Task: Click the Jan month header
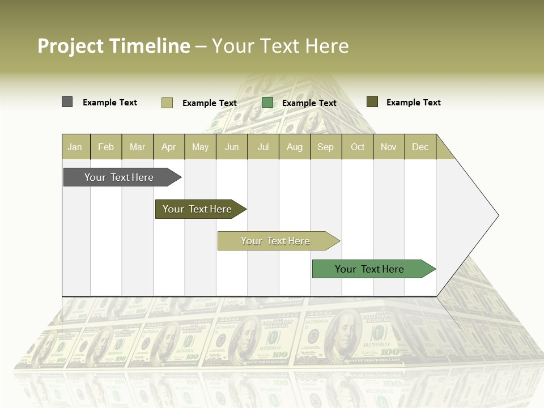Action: pyautogui.click(x=75, y=147)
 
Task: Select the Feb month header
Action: pyautogui.click(x=106, y=147)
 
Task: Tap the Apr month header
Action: pyautogui.click(x=169, y=147)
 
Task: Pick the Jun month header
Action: pyautogui.click(x=232, y=147)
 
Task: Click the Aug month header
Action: pyautogui.click(x=295, y=147)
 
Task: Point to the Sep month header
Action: pyautogui.click(x=326, y=147)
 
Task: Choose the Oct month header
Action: pyautogui.click(x=358, y=147)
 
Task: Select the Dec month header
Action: pyautogui.click(x=420, y=147)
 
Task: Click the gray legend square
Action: pyautogui.click(x=67, y=102)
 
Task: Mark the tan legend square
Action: pyautogui.click(x=167, y=103)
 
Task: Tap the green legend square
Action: pyautogui.click(x=267, y=103)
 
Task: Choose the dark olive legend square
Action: pyautogui.click(x=372, y=102)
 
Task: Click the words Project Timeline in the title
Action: pyautogui.click(x=114, y=46)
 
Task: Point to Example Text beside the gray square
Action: pyautogui.click(x=110, y=103)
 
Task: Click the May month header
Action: pyautogui.click(x=200, y=147)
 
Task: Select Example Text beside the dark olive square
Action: pyautogui.click(x=414, y=103)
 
